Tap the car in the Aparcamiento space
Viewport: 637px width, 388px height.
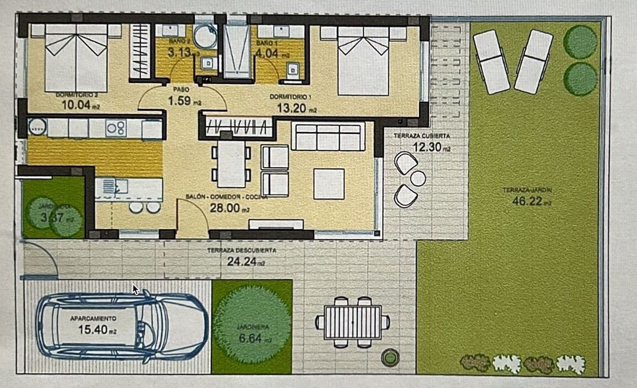coord(121,327)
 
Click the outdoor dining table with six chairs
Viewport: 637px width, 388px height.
coord(352,323)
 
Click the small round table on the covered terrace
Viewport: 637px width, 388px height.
coord(418,178)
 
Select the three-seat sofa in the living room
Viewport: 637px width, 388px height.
coord(328,137)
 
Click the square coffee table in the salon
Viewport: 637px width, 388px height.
coord(329,184)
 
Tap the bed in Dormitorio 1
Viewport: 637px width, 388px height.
coord(363,61)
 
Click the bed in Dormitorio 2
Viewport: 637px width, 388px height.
coord(76,58)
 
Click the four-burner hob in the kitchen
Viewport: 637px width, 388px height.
coord(116,128)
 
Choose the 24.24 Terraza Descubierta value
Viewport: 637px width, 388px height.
coord(242,261)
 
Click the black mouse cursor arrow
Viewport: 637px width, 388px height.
coord(135,289)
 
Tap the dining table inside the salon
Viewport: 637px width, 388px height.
coord(231,164)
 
